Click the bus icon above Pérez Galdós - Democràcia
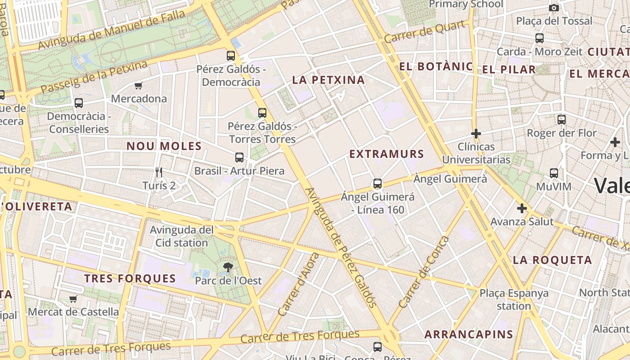click(x=231, y=56)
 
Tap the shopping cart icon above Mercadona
click(x=138, y=85)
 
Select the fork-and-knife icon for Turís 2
click(x=158, y=172)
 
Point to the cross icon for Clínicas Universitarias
click(x=476, y=134)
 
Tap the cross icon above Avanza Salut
click(x=522, y=208)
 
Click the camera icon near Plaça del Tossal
click(x=554, y=8)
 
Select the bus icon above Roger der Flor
click(x=562, y=120)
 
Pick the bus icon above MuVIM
click(x=554, y=173)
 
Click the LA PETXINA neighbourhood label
click(x=328, y=80)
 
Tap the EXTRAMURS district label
click(x=387, y=154)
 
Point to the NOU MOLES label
click(x=164, y=146)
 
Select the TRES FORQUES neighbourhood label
click(x=130, y=278)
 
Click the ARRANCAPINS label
click(x=468, y=334)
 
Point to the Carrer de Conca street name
click(x=424, y=272)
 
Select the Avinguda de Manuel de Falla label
click(x=111, y=30)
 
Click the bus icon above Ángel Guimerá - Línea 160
click(x=378, y=184)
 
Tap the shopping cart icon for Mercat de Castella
click(x=73, y=299)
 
